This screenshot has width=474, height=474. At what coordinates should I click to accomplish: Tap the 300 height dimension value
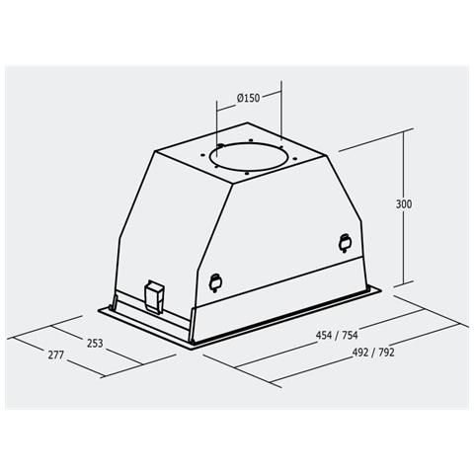402,204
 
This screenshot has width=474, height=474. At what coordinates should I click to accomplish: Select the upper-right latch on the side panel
345,240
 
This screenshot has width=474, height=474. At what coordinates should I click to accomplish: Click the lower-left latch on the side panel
216,280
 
